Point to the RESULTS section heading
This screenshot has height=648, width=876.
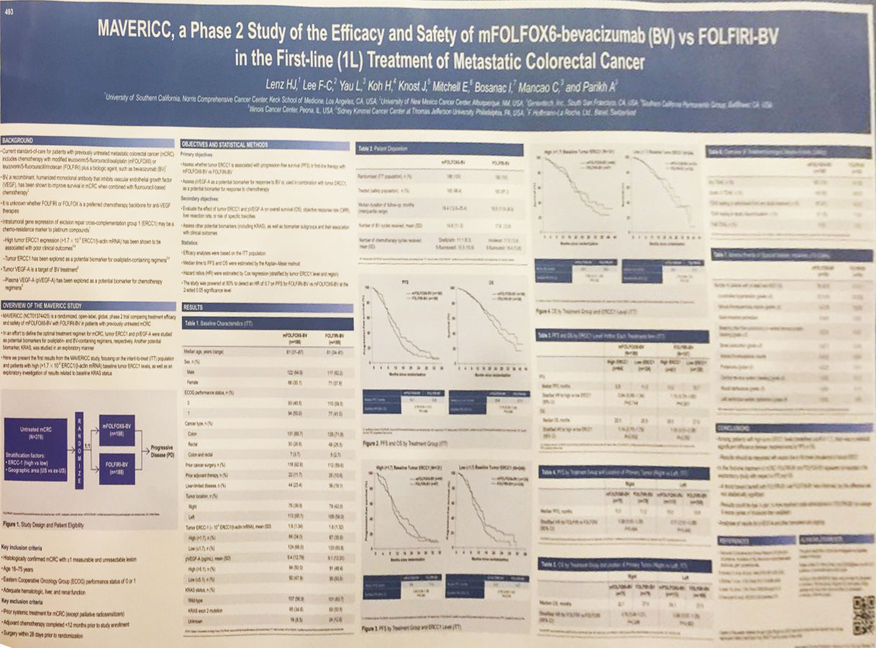point(193,307)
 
